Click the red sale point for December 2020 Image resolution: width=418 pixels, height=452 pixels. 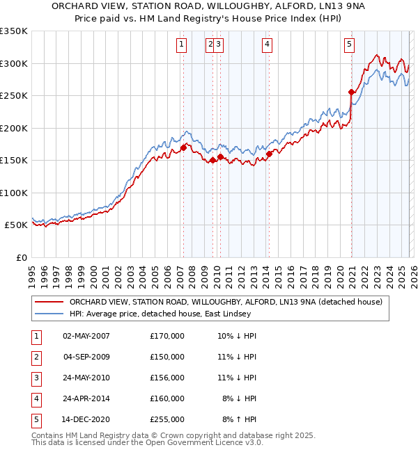[x=352, y=92]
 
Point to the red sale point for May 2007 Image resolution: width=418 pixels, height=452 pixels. [x=183, y=147]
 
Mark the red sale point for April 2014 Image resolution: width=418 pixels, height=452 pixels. [x=269, y=154]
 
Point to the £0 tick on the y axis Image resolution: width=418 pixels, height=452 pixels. [x=21, y=257]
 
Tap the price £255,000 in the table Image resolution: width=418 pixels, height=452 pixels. [x=167, y=419]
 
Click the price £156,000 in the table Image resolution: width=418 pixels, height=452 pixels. [x=167, y=378]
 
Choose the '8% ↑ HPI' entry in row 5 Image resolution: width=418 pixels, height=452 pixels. [x=240, y=419]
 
